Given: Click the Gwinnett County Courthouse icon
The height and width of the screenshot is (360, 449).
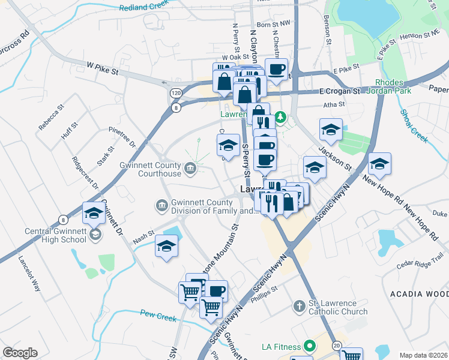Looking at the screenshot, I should coord(190,167).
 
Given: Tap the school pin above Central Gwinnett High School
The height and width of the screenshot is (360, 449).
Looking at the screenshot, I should coord(94,214).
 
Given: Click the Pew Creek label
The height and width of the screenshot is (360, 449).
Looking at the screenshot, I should coord(158,314).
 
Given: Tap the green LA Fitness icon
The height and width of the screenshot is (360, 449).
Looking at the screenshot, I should coord(309,346).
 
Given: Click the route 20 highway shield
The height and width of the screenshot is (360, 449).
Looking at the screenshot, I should coord(337,346).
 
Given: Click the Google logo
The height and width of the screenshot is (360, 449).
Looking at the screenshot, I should coord(20,353).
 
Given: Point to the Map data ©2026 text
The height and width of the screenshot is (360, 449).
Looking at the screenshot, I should coord(424,355).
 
